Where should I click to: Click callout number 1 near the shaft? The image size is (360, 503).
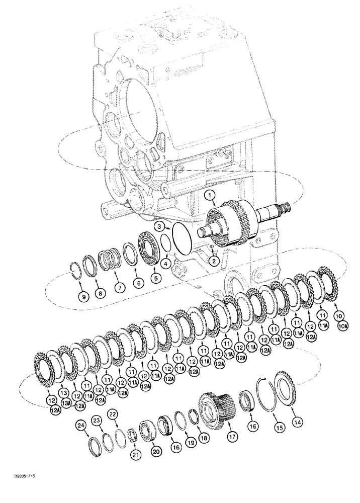[210, 195]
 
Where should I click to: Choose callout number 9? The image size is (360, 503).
[84, 297]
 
